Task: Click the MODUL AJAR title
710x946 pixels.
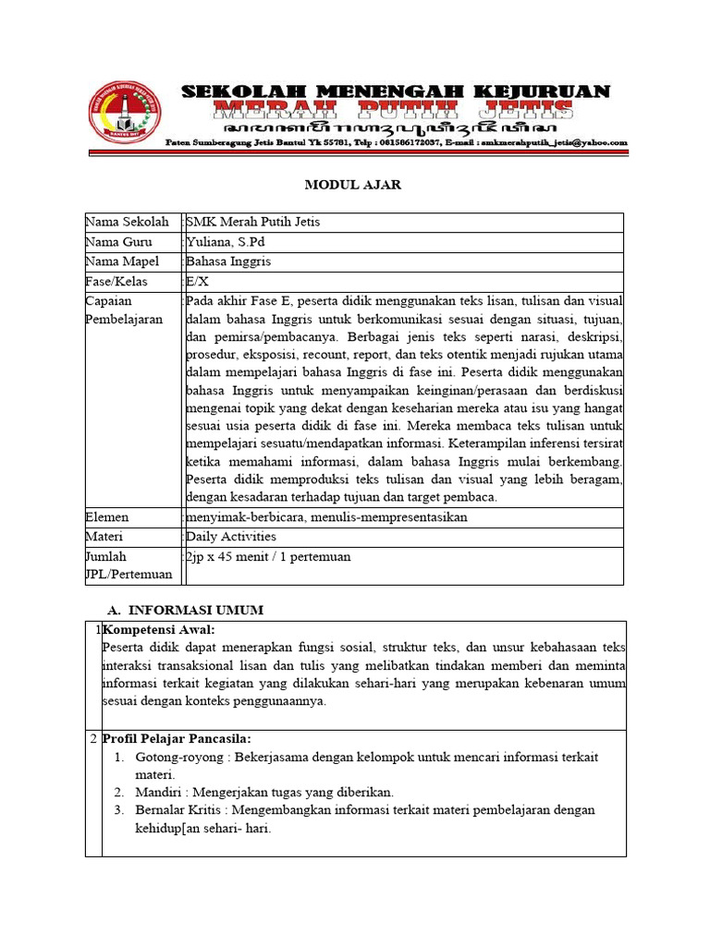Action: point(353,185)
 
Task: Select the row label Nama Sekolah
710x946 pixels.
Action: point(128,222)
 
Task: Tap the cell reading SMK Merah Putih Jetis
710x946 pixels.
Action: point(253,222)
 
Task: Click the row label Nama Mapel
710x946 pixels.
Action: point(123,261)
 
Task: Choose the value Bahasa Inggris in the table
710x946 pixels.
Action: point(227,261)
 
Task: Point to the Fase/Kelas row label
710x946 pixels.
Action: point(117,282)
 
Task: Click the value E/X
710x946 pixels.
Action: point(198,282)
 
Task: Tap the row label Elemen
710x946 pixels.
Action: point(107,517)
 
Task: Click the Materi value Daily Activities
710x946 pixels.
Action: point(231,537)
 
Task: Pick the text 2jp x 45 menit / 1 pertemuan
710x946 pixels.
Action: point(268,557)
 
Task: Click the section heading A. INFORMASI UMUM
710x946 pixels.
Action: point(186,610)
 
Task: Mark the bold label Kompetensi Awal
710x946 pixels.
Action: point(159,629)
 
